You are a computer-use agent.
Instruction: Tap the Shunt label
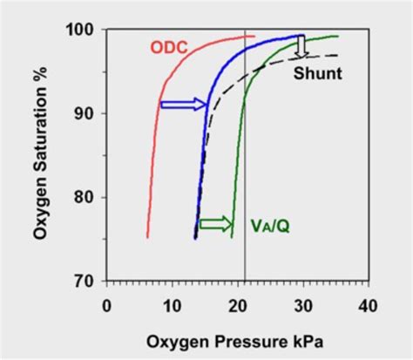pos(317,73)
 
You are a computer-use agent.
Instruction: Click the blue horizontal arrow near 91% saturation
pos(183,105)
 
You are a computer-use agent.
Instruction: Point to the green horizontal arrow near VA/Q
pos(215,223)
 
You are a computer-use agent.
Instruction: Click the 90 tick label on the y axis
pos(87,114)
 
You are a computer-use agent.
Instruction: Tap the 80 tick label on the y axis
pos(87,198)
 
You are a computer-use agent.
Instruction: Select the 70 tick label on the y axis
pos(87,282)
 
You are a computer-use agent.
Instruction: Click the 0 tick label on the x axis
pos(107,305)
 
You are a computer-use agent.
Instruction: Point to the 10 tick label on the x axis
pos(172,305)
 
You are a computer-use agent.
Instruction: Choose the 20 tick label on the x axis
pos(238,305)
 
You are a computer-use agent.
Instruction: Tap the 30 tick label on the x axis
pos(303,305)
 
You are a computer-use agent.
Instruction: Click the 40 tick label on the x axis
pos(369,305)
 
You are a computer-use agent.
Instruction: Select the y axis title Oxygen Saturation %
pos(41,155)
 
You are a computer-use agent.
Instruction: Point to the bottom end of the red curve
pos(147,236)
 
